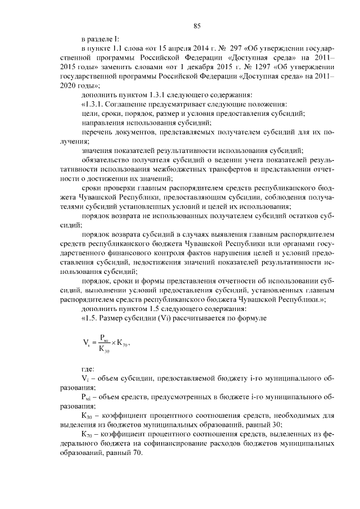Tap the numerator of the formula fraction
point(105,339)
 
